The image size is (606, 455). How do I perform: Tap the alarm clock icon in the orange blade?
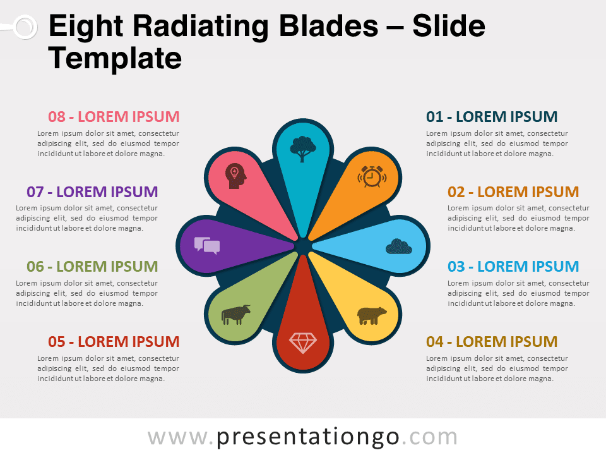point(372,177)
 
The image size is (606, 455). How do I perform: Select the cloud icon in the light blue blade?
point(399,246)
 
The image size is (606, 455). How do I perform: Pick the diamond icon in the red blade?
point(303,343)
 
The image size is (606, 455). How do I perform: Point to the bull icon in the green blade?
point(235,315)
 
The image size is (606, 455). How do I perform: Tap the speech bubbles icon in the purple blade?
point(207,246)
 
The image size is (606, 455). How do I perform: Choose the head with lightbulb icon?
point(235,176)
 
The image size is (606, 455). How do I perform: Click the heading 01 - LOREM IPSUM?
point(492,117)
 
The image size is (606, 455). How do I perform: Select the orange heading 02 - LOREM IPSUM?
point(513,192)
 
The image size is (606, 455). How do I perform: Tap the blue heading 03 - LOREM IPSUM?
point(513,267)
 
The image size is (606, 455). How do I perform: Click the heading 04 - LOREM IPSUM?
point(492,342)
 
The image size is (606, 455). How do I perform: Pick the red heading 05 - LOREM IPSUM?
point(114,342)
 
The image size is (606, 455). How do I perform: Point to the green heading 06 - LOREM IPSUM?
point(92,267)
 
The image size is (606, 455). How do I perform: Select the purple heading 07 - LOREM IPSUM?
point(92,192)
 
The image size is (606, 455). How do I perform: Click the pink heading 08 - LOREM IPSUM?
point(114,117)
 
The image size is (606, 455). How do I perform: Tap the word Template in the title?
point(115,59)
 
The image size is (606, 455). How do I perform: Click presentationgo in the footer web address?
point(307,437)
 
